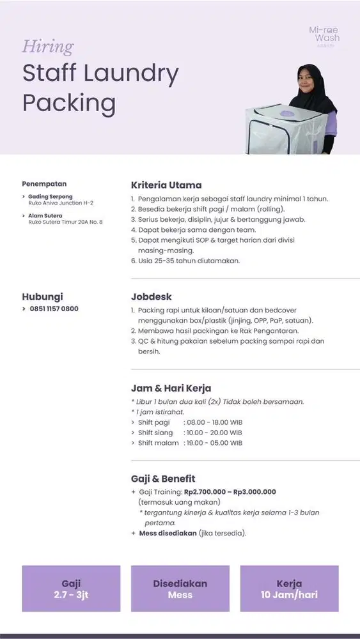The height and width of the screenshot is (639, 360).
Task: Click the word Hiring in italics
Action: click(x=48, y=47)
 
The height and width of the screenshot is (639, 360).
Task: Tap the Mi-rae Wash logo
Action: click(x=324, y=35)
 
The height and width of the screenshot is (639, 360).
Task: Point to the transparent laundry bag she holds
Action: click(x=277, y=128)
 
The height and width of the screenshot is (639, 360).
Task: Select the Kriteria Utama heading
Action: click(x=166, y=185)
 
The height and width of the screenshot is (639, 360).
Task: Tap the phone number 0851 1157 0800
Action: click(x=54, y=309)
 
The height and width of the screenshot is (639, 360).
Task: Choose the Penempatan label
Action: click(x=44, y=184)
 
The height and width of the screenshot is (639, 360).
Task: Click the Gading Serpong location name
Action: click(x=51, y=196)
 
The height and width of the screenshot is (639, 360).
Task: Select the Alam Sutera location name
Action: click(x=45, y=215)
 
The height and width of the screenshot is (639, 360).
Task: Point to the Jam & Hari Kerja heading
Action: click(x=171, y=388)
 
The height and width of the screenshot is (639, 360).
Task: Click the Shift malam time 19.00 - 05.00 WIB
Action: click(x=213, y=443)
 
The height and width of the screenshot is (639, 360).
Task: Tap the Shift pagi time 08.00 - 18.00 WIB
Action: click(x=213, y=422)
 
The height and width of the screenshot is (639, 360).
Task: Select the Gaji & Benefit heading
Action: click(x=163, y=479)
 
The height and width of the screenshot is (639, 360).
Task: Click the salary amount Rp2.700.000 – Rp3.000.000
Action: click(x=230, y=492)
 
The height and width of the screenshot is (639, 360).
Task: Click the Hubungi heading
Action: click(x=42, y=297)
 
